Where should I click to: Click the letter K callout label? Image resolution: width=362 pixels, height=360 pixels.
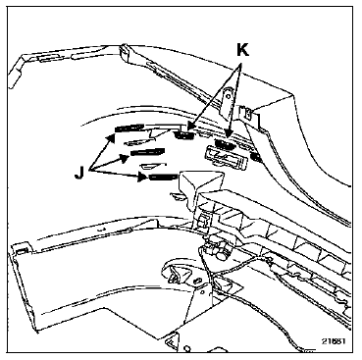[x=242, y=51]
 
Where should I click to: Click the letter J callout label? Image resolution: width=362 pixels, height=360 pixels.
[x=78, y=173]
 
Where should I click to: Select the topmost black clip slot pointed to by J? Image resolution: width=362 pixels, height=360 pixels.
[x=129, y=128]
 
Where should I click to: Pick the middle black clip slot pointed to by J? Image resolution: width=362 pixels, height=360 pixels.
[x=147, y=152]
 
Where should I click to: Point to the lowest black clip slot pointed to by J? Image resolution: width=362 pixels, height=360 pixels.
[x=164, y=177]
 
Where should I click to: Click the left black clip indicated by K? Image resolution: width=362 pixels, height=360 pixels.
[x=184, y=134]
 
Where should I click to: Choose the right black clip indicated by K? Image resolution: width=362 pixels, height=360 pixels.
[x=225, y=144]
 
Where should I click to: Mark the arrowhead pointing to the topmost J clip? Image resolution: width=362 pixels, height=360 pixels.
[x=111, y=138]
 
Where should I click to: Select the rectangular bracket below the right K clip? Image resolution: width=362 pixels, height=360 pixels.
[x=226, y=158]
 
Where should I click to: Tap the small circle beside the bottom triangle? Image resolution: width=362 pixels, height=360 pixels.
[x=187, y=347]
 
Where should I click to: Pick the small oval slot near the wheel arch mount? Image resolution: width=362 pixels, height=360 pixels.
[x=197, y=281]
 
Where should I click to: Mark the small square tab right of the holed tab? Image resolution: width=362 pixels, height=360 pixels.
[x=248, y=113]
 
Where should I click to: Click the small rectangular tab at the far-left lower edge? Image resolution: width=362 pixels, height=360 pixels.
[x=21, y=250]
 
